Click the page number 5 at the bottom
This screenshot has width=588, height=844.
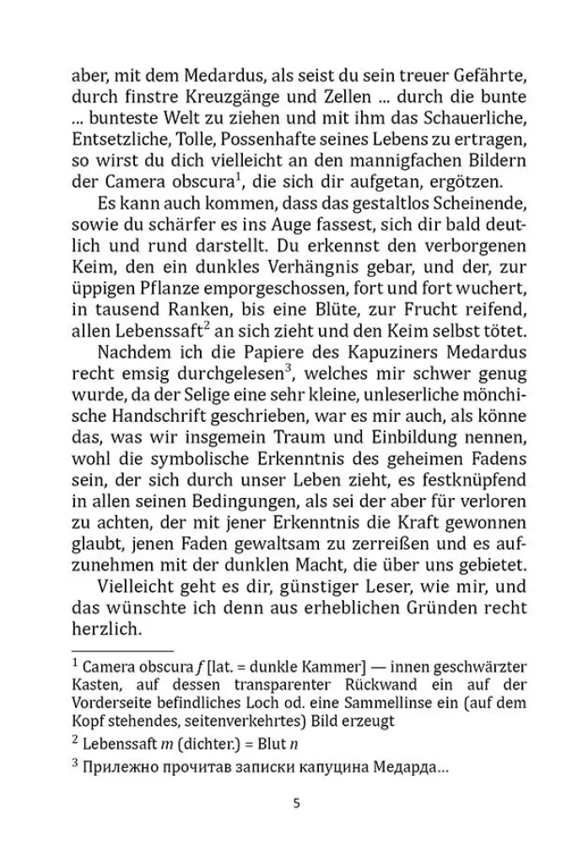pos(295,802)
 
